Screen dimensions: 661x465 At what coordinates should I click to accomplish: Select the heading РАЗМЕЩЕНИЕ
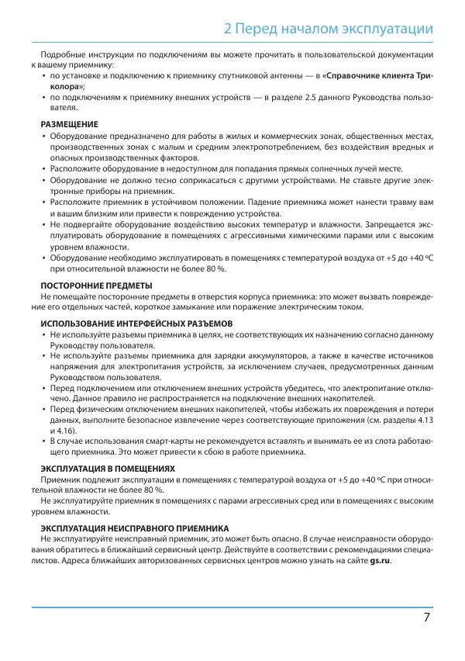point(70,124)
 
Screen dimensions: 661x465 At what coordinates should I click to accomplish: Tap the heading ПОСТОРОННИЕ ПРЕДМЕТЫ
point(96,285)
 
